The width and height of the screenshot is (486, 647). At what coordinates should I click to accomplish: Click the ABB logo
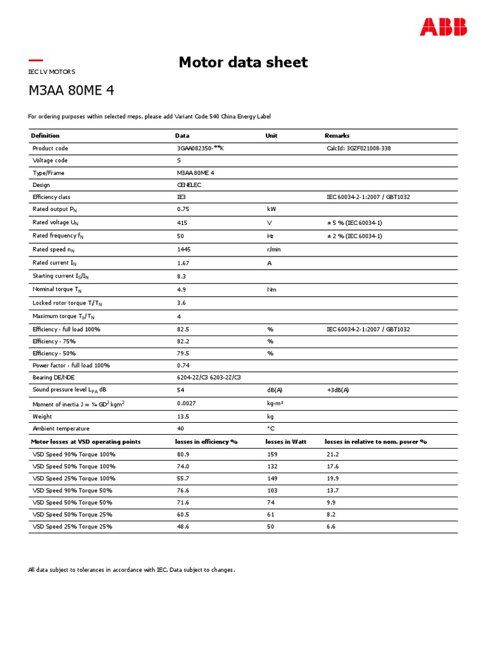point(444,27)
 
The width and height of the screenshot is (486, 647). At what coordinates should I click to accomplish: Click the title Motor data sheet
point(243,62)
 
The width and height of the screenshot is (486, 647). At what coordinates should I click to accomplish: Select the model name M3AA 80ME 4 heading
point(71,90)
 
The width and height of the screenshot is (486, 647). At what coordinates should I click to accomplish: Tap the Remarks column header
point(337,135)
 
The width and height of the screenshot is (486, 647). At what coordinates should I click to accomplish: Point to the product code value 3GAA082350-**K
point(201,148)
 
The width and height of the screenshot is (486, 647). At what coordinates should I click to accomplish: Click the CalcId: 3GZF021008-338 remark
point(358,148)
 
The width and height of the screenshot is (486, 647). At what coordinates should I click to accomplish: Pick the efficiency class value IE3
point(182,197)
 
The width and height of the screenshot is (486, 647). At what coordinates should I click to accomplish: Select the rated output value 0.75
point(183,209)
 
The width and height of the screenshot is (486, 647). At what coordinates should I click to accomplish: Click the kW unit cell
point(272,209)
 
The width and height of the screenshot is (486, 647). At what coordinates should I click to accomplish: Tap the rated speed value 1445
point(184,250)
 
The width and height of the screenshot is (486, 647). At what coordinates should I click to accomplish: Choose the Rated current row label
point(54,263)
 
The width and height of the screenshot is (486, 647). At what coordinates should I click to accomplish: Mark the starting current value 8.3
point(181,276)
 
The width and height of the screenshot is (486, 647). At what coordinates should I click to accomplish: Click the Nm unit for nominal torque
point(272,290)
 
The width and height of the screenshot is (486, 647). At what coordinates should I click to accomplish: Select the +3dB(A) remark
point(337,390)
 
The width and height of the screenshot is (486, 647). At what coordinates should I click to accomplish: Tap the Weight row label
point(42,416)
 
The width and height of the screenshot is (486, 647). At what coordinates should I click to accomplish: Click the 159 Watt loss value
point(272,454)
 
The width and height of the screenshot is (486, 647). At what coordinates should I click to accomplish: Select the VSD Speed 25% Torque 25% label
point(72,526)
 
